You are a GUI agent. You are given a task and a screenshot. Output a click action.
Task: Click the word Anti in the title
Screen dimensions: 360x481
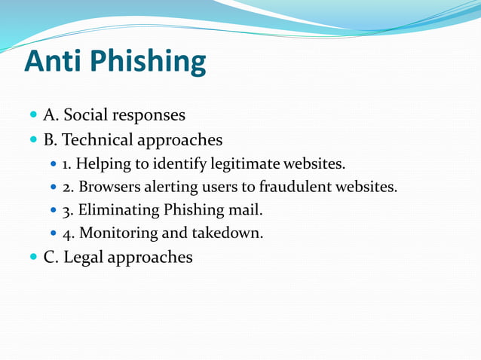tap(55, 61)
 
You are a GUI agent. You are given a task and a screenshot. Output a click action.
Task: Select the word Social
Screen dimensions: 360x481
tap(87, 115)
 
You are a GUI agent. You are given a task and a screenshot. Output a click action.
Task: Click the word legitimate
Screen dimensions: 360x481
tap(245, 163)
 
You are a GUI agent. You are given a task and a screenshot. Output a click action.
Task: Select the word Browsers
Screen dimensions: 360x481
tap(106, 187)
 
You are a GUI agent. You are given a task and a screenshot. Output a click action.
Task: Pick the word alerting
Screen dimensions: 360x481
tap(166, 187)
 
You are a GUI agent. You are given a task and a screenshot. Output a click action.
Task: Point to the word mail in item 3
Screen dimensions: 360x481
tap(247, 210)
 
